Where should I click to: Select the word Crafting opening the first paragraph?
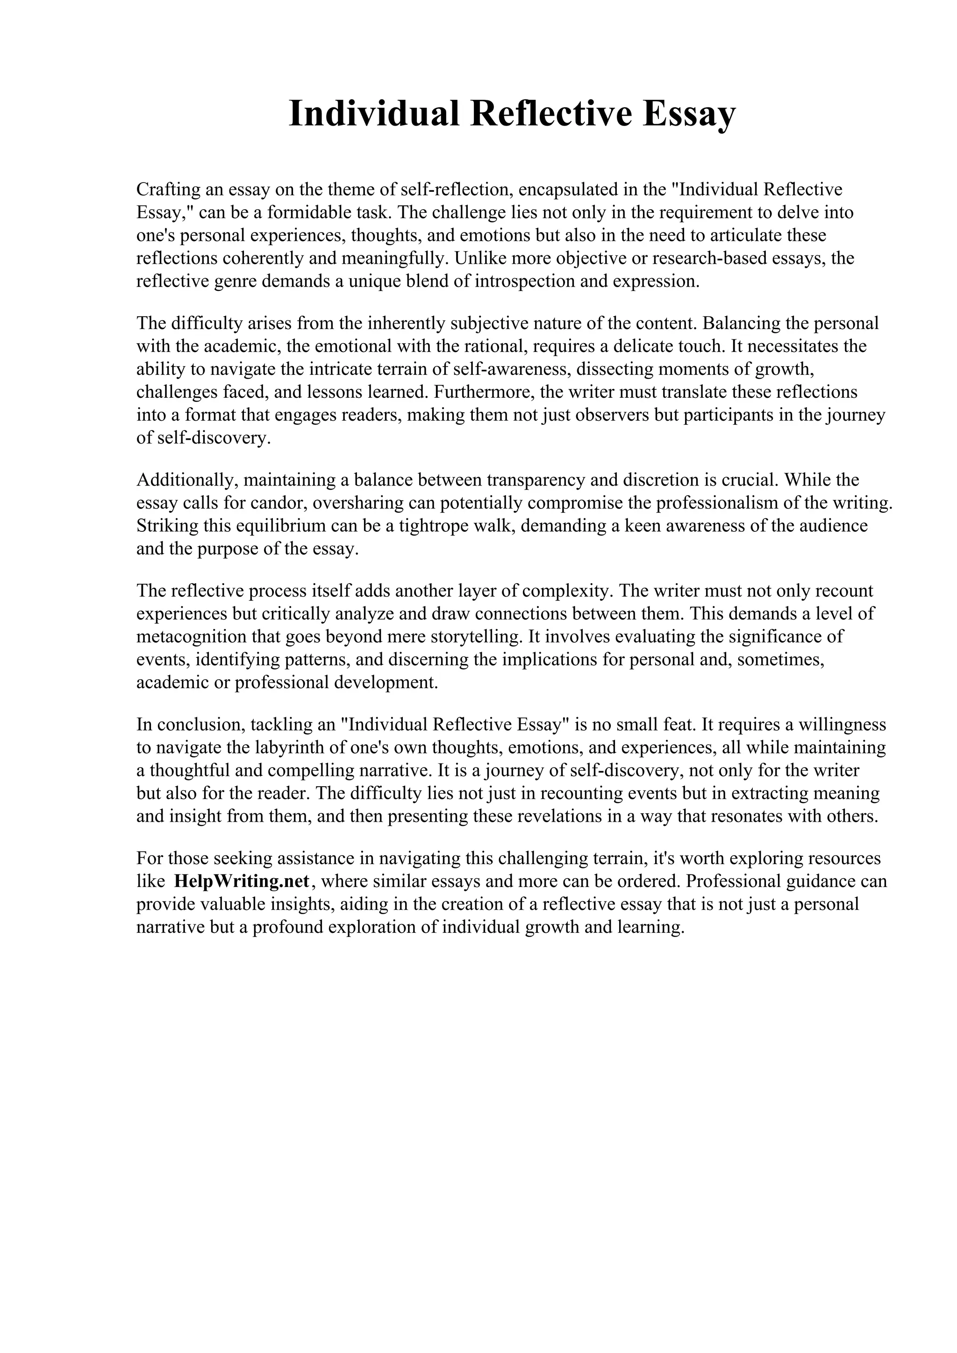pyautogui.click(x=167, y=190)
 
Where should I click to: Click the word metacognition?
pyautogui.click(x=194, y=636)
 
